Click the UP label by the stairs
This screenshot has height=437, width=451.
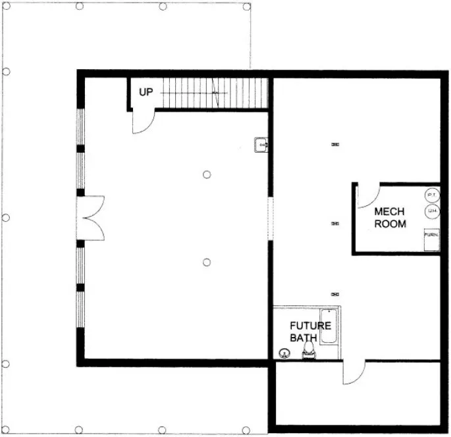coord(146,93)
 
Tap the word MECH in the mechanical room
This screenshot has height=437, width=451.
coord(389,212)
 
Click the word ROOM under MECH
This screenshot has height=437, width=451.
coord(390,224)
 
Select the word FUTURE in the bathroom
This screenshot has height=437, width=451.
coord(311,325)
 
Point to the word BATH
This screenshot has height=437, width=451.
coord(304,338)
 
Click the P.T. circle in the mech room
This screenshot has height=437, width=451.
coord(432,195)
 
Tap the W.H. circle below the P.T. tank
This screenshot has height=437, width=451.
coord(432,211)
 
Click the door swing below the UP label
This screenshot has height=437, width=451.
coord(142,122)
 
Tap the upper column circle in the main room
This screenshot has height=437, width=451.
coord(207,174)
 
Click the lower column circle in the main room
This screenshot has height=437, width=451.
coord(207,262)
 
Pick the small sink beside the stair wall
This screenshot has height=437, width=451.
coord(261,144)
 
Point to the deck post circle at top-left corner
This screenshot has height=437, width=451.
coord(7,6)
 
